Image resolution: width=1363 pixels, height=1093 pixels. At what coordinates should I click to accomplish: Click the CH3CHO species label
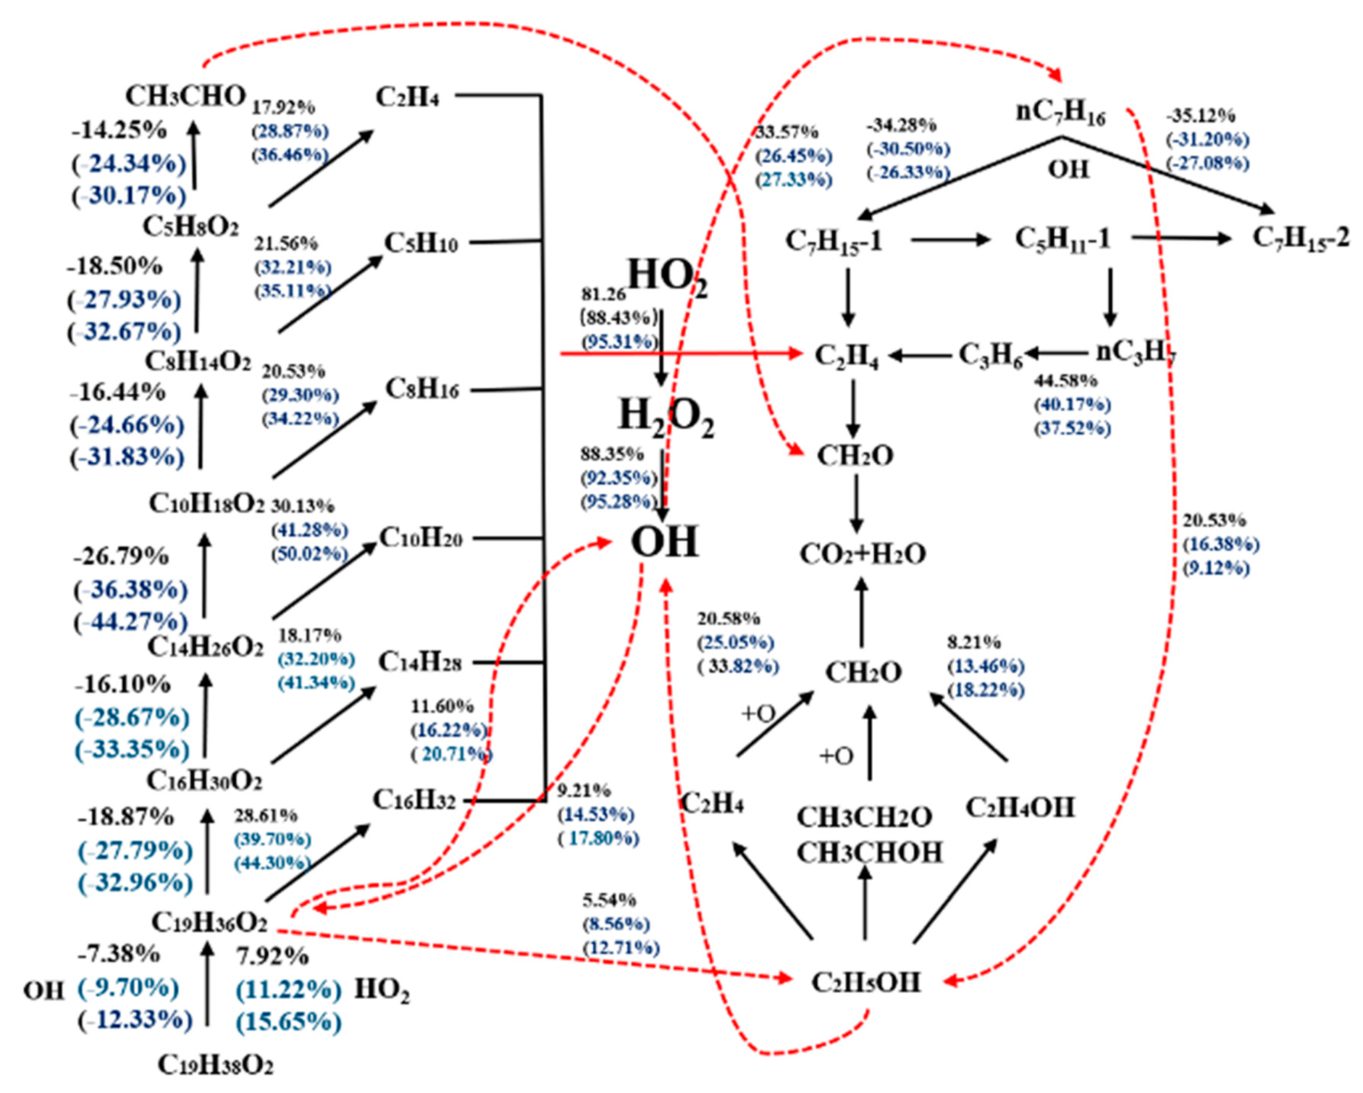(185, 97)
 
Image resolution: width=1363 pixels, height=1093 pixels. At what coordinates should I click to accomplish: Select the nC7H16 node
(1061, 113)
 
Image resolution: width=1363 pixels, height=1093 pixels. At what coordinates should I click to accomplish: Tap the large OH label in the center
(665, 542)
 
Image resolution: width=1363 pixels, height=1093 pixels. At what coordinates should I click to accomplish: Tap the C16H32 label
(414, 800)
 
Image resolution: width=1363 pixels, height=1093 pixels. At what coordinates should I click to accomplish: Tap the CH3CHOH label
(869, 853)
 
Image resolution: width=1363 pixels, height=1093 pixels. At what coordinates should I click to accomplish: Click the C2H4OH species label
(1021, 807)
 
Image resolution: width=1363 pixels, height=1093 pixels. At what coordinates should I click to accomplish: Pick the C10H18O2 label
(207, 504)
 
